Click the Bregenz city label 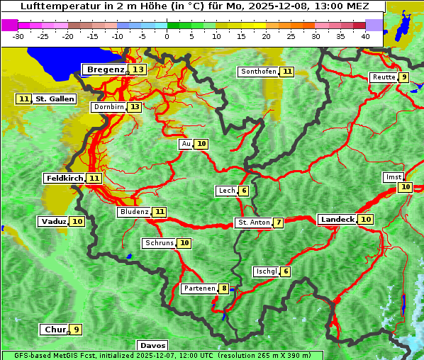tap(105, 69)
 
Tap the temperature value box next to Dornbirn tap(135, 107)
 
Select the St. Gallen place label tap(55, 99)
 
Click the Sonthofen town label tap(258, 72)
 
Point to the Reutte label tap(384, 77)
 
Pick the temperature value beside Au tap(202, 144)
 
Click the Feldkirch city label tap(65, 178)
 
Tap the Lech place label tap(226, 191)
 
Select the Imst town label tap(392, 176)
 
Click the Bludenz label tap(134, 211)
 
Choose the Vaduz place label tap(53, 221)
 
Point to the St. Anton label tap(253, 223)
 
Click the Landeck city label tap(337, 220)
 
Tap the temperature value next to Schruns tap(184, 243)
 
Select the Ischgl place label tap(266, 271)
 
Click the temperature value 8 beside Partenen tap(224, 288)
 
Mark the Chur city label tap(55, 330)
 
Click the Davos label tap(152, 345)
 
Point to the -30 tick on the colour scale tap(18, 36)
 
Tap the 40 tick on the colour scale tap(365, 36)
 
